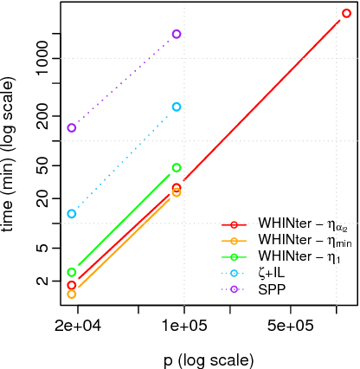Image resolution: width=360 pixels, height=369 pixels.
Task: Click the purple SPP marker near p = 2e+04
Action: click(72, 127)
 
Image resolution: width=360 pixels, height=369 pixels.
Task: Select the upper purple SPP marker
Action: click(177, 34)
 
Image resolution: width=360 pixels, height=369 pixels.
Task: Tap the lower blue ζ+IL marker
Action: click(72, 213)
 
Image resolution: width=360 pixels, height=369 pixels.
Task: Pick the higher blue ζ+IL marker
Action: click(177, 107)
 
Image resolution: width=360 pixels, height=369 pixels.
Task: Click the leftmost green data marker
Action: click(72, 272)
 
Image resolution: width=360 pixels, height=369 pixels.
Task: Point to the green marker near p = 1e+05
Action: click(177, 167)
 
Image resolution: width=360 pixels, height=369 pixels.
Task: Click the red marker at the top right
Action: click(345, 14)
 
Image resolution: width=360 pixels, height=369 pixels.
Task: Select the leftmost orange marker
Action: click(72, 295)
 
